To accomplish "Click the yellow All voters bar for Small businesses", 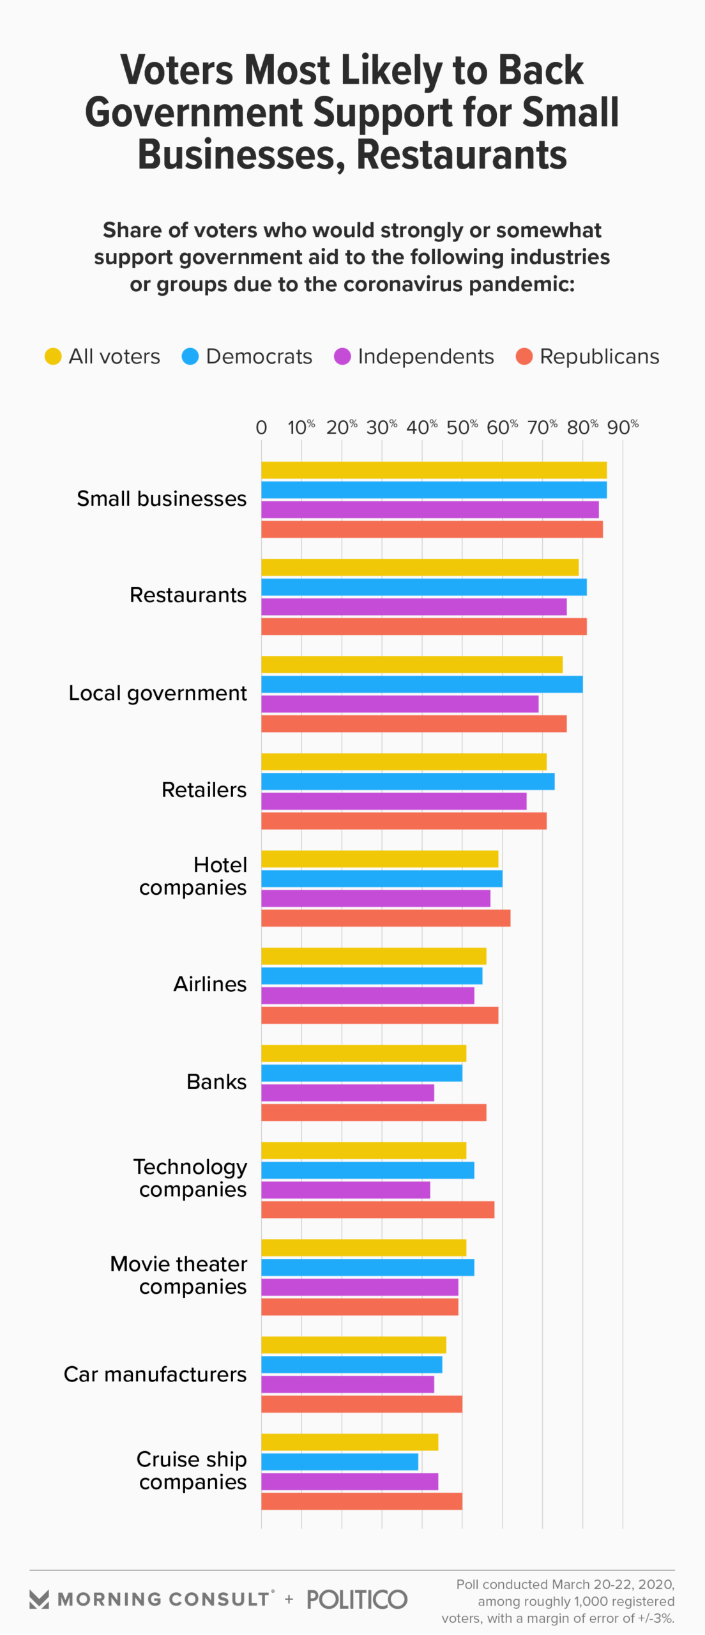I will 434,470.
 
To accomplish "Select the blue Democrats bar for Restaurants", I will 423,587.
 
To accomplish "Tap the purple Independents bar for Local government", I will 400,704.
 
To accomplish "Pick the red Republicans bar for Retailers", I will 404,821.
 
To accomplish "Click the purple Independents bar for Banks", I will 347,1093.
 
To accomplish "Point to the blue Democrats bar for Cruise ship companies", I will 339,1462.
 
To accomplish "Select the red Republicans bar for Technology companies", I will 377,1210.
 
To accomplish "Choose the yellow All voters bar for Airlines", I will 374,956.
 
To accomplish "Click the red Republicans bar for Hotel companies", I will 386,918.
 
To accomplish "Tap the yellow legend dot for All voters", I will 53,356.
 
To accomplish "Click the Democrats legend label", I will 259,356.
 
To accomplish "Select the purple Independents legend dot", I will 342,356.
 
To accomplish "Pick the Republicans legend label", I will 599,356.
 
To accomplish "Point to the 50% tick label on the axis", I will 462,427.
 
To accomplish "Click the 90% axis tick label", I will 623,427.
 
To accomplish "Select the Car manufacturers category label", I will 155,1374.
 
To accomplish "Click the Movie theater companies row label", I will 179,1275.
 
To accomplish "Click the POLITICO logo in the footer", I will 357,1599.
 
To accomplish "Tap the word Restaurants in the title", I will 461,155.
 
